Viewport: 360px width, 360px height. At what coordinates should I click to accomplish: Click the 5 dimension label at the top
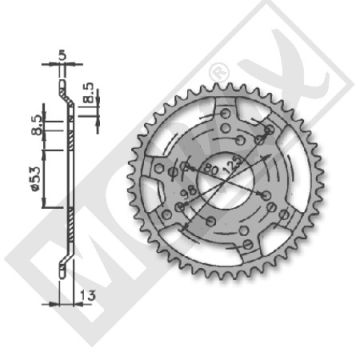tap(64, 56)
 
